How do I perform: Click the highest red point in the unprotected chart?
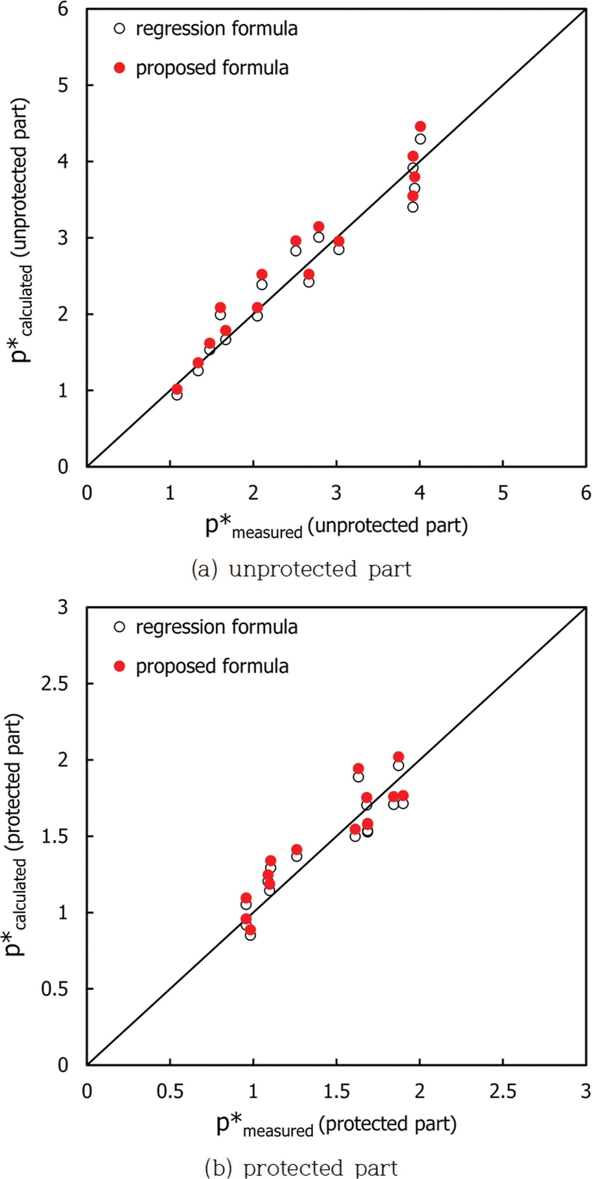[x=420, y=126]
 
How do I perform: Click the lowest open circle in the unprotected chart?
[x=177, y=394]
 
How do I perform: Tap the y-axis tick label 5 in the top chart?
[x=63, y=85]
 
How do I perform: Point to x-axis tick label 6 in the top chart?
[x=586, y=493]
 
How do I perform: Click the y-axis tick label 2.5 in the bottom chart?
[x=55, y=684]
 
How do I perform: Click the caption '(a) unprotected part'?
[x=301, y=569]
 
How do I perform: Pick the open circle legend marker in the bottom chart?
[x=120, y=627]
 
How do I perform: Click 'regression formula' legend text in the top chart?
[x=216, y=29]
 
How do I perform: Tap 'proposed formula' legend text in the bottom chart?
[x=212, y=667]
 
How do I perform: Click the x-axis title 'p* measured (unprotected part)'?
[x=336, y=527]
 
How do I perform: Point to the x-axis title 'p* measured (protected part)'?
[x=336, y=1126]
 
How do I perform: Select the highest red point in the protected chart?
[x=398, y=757]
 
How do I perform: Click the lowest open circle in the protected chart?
[x=250, y=935]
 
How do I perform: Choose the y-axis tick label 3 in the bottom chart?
[x=63, y=607]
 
